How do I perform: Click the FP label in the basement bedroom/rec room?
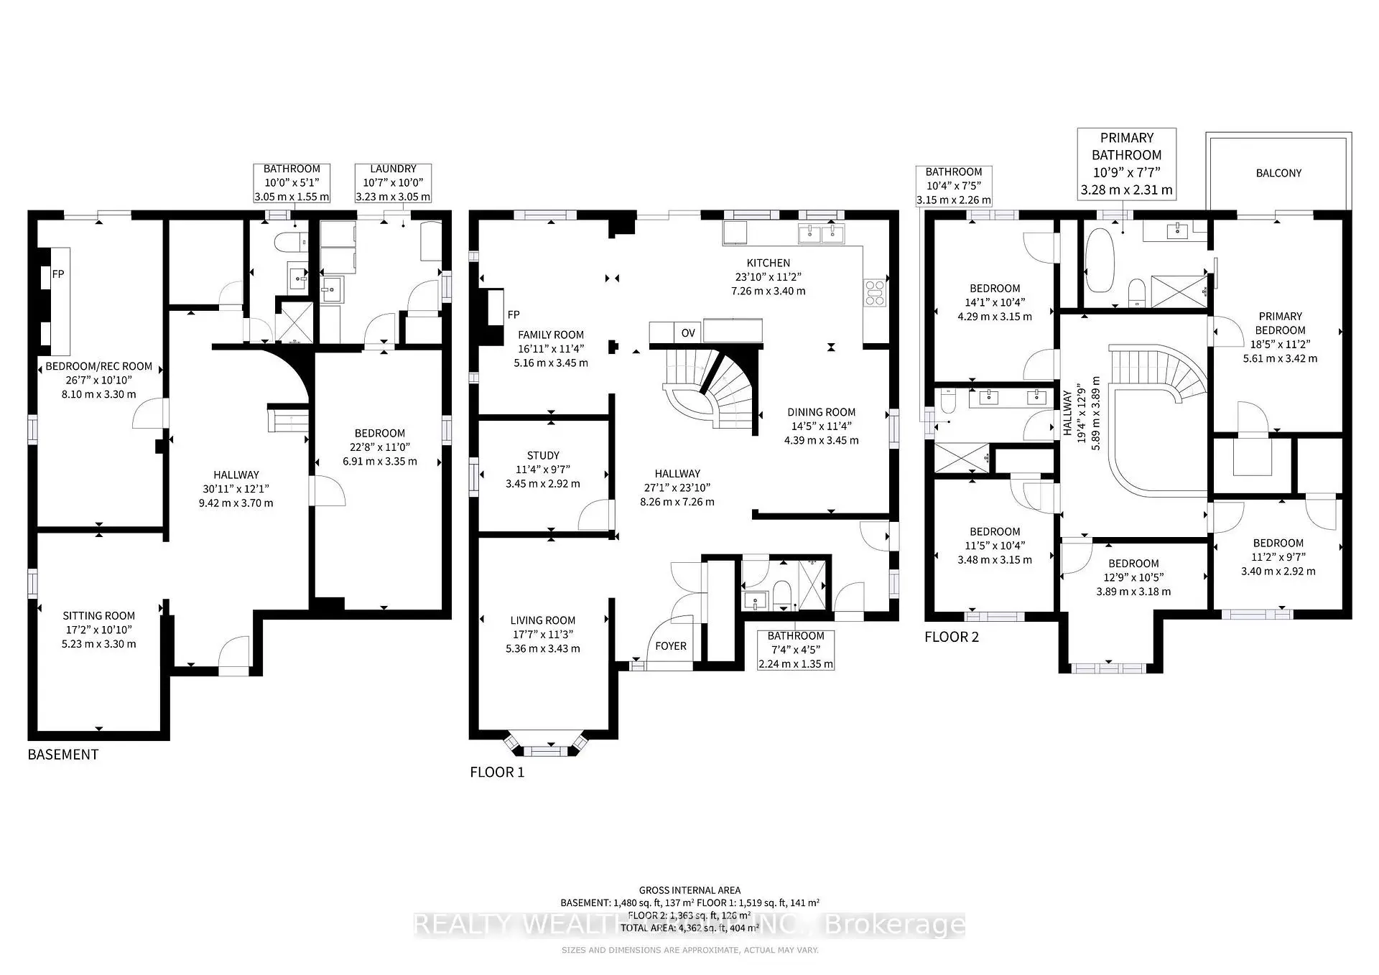58,274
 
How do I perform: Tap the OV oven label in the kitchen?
688,332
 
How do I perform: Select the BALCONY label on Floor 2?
1278,173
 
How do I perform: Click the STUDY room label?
543,455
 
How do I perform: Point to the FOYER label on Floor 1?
671,646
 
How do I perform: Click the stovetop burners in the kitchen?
875,294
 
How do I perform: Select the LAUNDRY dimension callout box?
393,183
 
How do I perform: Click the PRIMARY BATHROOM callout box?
1126,164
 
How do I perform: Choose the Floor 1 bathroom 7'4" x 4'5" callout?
796,650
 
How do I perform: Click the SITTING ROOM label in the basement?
99,615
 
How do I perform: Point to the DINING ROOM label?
821,412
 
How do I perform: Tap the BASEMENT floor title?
63,755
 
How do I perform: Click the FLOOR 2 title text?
951,637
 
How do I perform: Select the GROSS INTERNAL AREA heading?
689,890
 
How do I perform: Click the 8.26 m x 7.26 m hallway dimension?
677,502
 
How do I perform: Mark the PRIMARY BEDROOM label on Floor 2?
1280,323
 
